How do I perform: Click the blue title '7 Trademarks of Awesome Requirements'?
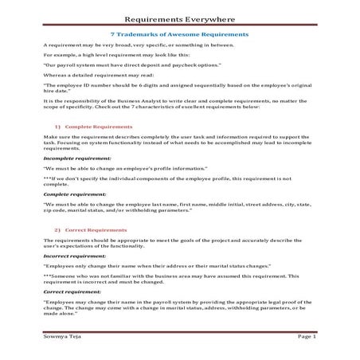tap(179, 35)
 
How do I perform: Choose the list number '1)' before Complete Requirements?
tap(58, 127)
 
